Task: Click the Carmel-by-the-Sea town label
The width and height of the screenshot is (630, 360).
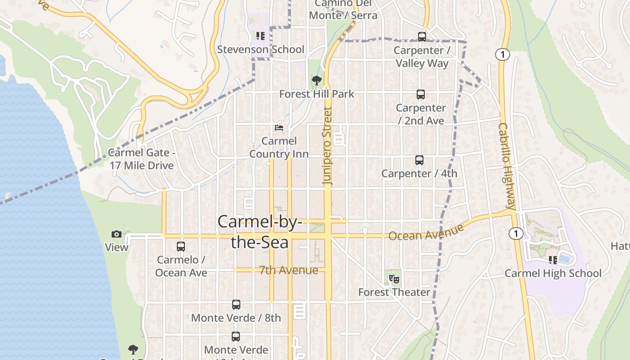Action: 260,232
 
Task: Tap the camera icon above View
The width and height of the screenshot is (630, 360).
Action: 117,234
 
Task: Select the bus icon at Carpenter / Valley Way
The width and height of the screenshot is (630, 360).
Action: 422,37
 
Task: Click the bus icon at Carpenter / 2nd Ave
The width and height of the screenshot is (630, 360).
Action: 421,94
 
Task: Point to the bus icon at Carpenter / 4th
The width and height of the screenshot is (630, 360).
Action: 419,160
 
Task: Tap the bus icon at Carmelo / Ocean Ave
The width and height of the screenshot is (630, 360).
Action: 181,247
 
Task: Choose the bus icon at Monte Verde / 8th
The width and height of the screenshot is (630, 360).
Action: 236,305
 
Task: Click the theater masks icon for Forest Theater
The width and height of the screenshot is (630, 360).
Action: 394,279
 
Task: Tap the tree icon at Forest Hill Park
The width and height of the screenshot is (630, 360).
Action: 317,81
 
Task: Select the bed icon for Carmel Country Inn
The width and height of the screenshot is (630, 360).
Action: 279,128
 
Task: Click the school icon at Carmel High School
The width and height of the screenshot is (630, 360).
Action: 553,260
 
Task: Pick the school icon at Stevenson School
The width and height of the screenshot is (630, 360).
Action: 261,36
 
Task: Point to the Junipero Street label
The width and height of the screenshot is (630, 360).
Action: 327,145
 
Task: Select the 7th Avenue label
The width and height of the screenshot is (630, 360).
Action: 288,270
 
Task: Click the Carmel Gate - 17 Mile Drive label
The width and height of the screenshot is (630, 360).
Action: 142,159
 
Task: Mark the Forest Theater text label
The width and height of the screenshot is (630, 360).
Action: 394,292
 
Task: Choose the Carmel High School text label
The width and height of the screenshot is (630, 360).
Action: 553,273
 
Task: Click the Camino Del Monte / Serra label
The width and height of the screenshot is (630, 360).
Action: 343,9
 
